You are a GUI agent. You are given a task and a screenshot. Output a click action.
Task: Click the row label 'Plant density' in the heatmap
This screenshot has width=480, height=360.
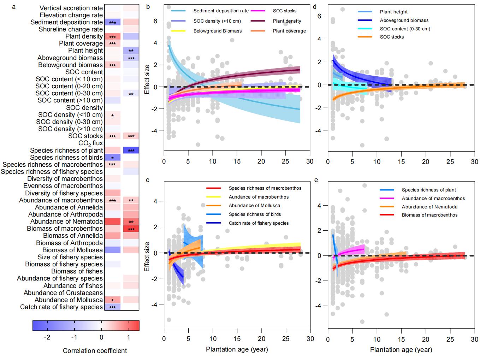click(84, 36)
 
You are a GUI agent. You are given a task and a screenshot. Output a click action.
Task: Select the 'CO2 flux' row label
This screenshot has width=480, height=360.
click(91, 143)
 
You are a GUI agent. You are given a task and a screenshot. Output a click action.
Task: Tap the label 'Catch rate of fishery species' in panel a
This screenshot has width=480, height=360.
click(61, 307)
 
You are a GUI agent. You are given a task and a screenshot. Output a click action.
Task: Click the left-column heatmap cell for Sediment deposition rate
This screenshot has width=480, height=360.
click(113, 22)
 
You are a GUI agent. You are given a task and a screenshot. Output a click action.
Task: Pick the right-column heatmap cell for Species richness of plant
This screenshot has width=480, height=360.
click(131, 151)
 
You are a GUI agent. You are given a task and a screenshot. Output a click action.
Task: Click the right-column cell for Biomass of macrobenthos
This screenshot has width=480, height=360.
click(131, 229)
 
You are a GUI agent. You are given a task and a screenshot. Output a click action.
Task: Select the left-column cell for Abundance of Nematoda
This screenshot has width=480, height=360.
click(113, 222)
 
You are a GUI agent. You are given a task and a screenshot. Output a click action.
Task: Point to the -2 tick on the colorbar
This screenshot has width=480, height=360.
click(47, 337)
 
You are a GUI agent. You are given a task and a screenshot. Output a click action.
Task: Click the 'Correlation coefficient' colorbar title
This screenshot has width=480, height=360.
click(95, 351)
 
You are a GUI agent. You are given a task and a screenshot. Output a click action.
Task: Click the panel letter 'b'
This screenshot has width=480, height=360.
click(148, 7)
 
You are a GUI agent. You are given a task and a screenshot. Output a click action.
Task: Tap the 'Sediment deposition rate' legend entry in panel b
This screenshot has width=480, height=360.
click(221, 11)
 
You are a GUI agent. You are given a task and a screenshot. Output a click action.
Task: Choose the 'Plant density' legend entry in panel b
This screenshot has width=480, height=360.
click(287, 21)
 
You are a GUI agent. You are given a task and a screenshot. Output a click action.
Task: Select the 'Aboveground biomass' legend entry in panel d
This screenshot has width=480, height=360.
click(404, 20)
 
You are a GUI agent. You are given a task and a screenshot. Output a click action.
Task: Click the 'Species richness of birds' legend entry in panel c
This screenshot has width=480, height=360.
click(255, 214)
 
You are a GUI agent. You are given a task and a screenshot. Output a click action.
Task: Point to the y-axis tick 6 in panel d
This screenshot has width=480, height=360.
click(319, 16)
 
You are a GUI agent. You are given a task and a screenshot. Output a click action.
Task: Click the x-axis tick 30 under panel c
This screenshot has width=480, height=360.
click(310, 339)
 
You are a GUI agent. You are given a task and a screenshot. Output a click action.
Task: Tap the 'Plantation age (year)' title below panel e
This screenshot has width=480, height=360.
click(401, 350)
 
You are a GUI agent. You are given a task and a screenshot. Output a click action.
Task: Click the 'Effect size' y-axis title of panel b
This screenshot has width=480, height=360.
click(147, 79)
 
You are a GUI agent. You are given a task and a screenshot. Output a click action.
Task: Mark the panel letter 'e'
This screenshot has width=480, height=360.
click(316, 180)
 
